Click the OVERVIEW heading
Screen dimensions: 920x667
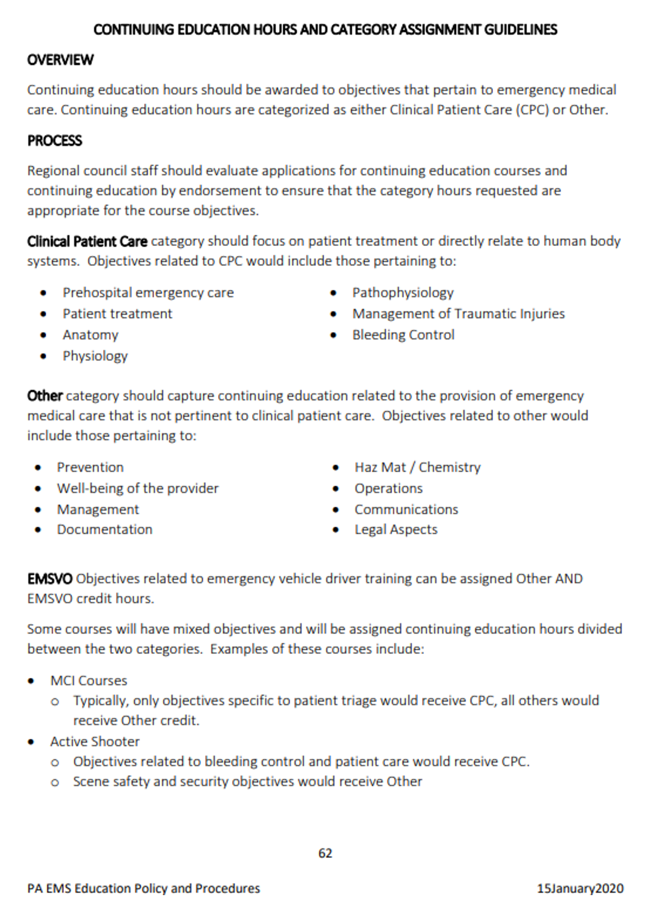(60, 60)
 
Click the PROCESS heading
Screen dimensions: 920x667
(54, 141)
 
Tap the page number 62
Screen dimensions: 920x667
(325, 853)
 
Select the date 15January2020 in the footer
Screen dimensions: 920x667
(580, 888)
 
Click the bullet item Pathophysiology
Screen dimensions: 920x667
(403, 292)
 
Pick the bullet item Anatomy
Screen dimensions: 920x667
(90, 335)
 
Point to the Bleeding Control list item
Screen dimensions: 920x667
(403, 335)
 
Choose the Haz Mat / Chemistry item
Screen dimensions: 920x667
(417, 467)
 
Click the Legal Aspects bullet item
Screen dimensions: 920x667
(396, 529)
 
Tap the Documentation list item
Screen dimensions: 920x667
(104, 529)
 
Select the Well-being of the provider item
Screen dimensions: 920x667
(138, 488)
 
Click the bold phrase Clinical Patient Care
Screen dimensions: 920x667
(87, 241)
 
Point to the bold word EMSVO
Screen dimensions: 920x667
(50, 579)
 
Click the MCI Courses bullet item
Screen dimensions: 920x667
(89, 680)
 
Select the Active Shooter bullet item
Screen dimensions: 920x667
(95, 741)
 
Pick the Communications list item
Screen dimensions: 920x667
(406, 509)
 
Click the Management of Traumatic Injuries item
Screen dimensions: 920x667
(458, 314)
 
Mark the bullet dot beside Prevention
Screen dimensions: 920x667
(38, 468)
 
